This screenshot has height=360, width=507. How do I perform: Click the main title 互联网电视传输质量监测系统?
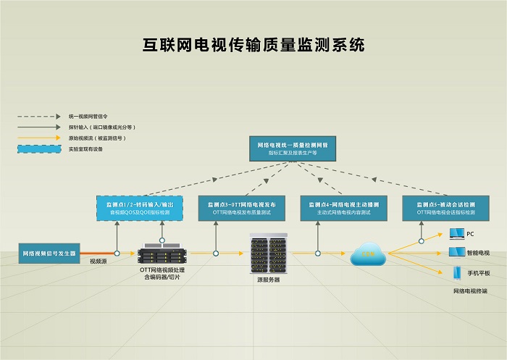click(x=253, y=45)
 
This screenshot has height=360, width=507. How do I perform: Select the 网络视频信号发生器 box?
click(x=49, y=254)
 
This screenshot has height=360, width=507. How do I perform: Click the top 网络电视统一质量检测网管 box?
click(x=293, y=148)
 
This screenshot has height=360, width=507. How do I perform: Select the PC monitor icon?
click(x=456, y=233)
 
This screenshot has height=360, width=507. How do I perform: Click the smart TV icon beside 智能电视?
click(x=456, y=252)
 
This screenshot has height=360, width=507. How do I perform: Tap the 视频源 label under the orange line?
click(x=99, y=261)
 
